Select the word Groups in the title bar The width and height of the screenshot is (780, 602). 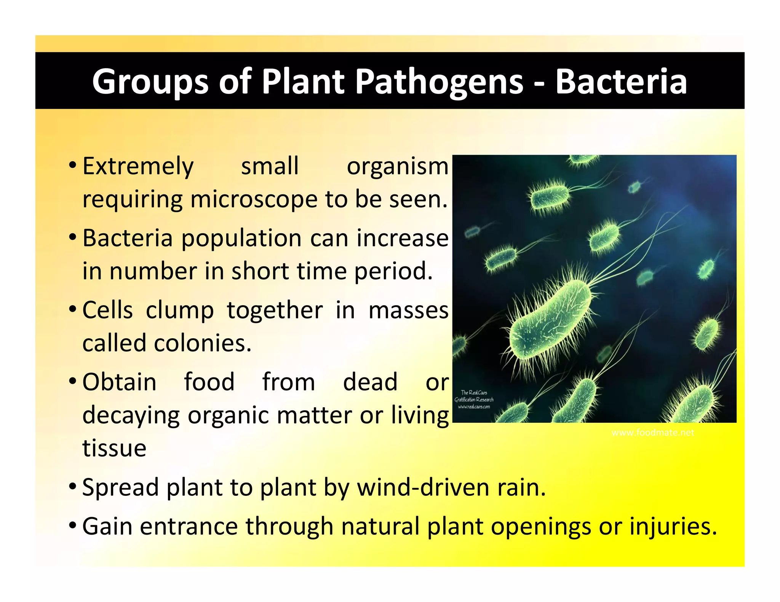coord(150,82)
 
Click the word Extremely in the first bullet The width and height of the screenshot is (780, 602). coord(138,167)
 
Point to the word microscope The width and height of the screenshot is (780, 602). coord(254,199)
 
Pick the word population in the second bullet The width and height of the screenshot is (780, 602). coord(241,238)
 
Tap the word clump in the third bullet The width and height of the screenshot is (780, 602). coord(180,310)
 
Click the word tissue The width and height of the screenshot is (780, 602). coord(114,448)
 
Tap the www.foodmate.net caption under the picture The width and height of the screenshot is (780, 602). coord(652,433)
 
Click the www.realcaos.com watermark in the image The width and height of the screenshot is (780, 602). coord(474,407)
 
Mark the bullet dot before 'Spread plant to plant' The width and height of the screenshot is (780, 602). coord(72,486)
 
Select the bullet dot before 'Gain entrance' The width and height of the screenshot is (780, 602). coord(72,526)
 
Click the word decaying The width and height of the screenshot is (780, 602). coord(131,416)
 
